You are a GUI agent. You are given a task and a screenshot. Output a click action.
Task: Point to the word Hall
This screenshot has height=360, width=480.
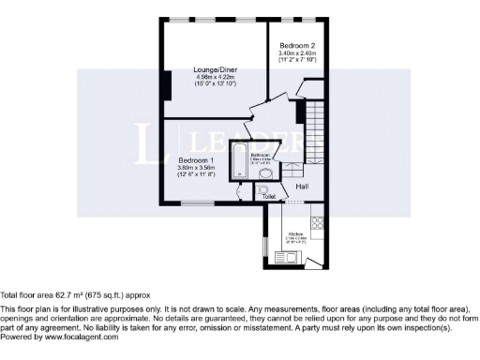[x=302, y=187]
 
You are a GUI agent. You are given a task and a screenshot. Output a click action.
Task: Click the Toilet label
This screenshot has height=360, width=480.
[x=269, y=197]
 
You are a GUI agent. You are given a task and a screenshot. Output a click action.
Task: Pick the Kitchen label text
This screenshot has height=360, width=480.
[x=293, y=232]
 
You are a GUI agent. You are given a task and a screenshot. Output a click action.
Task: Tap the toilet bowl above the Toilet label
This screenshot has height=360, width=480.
[x=263, y=188]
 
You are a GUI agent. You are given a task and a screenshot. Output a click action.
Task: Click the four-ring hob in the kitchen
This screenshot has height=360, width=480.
[x=316, y=223]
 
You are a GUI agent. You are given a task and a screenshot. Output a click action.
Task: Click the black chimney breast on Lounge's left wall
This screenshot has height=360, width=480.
[x=165, y=83]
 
